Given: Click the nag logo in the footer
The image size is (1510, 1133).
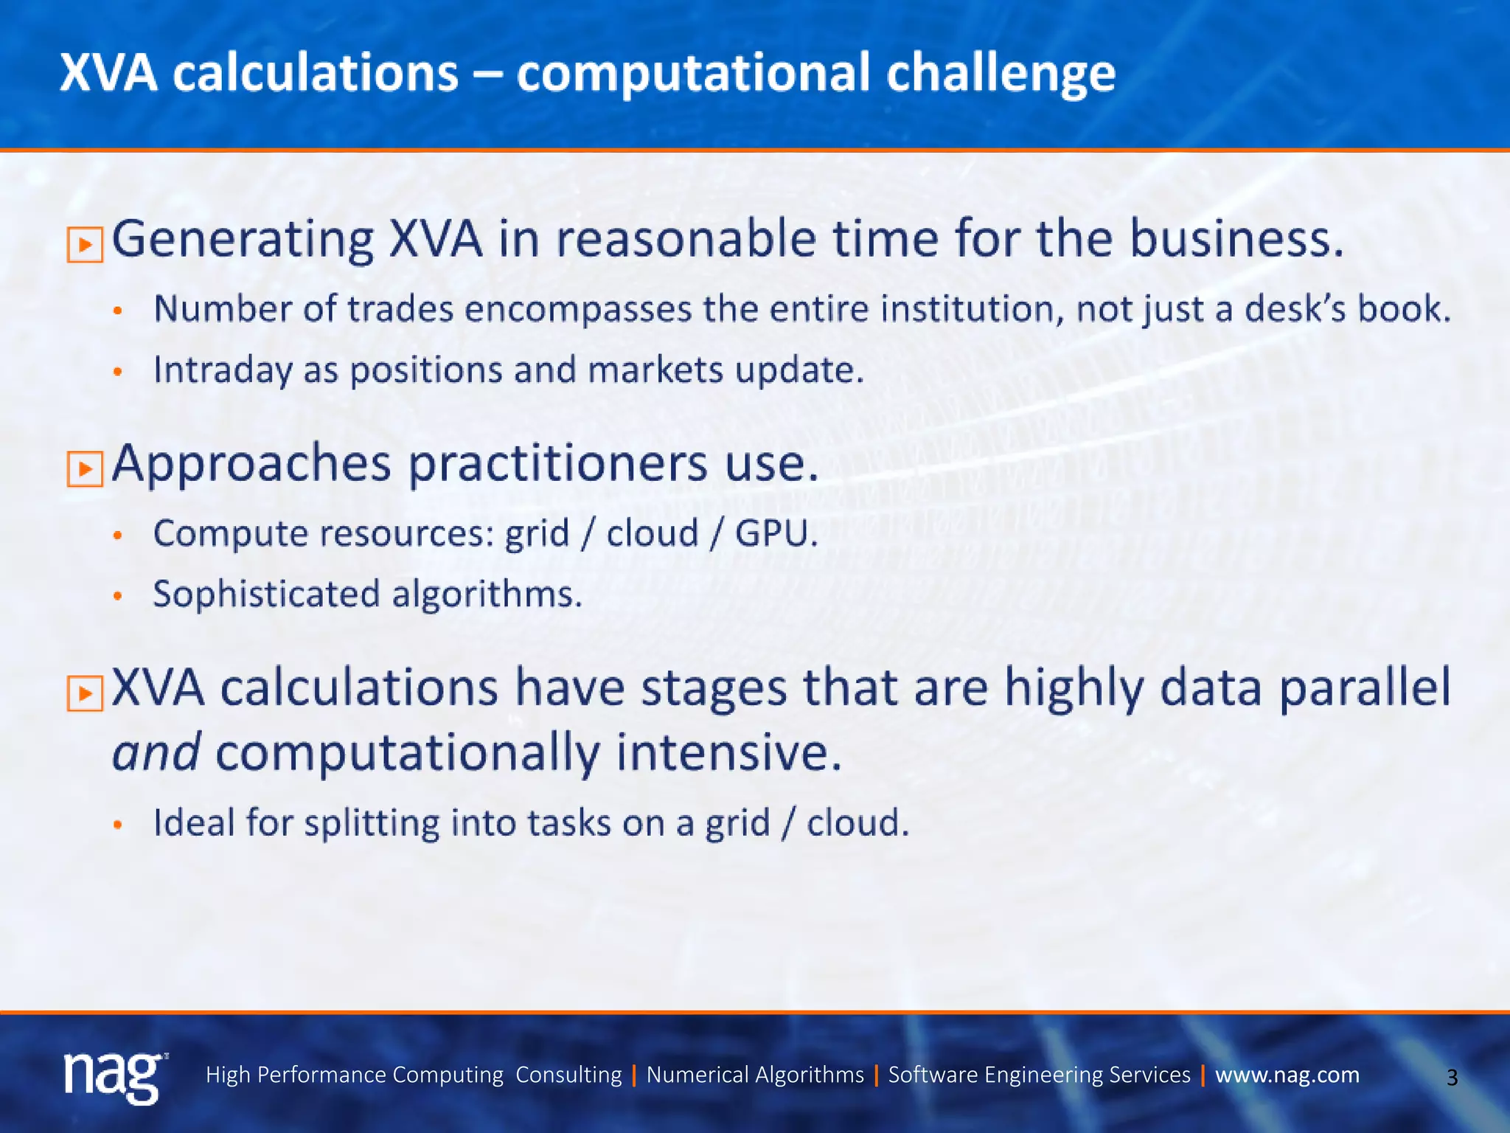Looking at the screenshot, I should coord(114,1076).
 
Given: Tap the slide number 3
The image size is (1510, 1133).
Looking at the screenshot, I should coord(1452,1078).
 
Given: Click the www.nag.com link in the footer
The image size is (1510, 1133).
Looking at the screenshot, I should coord(1287,1075).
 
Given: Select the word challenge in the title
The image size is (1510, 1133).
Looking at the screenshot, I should coord(1001,75).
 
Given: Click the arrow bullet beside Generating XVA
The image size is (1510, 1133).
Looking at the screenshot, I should coord(85,244).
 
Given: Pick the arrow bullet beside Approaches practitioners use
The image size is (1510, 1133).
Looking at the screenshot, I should coord(85,468).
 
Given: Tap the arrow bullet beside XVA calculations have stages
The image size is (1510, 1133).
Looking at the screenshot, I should coord(85,693).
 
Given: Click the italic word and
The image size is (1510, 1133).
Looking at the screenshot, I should coord(156,752).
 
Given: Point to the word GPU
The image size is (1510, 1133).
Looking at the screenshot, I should coord(776,533).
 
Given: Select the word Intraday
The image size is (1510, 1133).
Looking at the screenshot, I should coord(222,370).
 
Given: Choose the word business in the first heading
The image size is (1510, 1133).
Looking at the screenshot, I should coord(1236,240).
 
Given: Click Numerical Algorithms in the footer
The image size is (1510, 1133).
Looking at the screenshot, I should coord(755,1075).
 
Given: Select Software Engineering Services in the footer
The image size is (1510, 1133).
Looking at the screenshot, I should coord(1039,1075).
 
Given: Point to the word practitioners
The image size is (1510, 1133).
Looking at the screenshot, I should coord(558,465).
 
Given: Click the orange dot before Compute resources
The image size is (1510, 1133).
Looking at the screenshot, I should coord(117,536).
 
